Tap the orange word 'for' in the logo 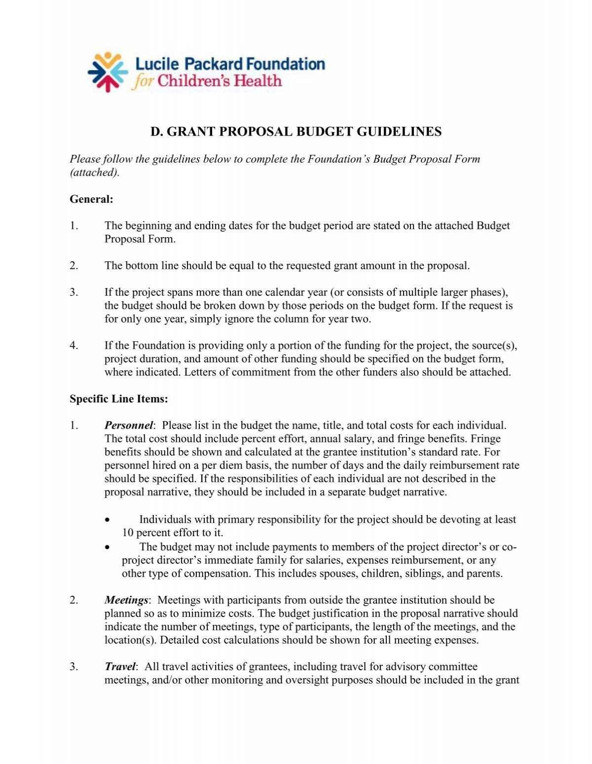click(x=143, y=81)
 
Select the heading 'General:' click(x=91, y=199)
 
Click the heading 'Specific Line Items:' click(x=118, y=399)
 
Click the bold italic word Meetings click(x=126, y=600)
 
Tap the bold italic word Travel click(x=120, y=667)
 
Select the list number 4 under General click(x=74, y=346)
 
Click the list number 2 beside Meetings click(x=74, y=600)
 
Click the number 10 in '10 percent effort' click(x=128, y=533)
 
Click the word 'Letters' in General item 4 click(x=200, y=372)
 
